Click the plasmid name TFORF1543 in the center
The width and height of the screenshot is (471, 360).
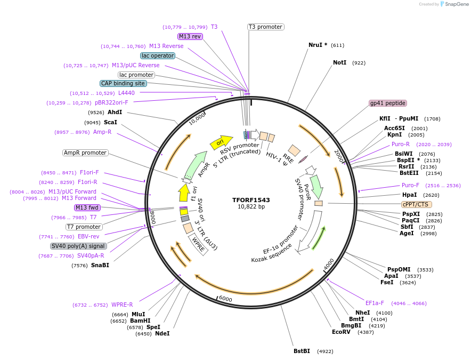251,200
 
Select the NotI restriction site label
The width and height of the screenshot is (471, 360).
340,62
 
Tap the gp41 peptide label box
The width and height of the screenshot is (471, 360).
388,103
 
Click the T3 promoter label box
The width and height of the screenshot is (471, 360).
265,27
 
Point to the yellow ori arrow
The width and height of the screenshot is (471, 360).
221,142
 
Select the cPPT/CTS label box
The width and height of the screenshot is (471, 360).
417,204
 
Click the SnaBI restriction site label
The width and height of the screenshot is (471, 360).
100,265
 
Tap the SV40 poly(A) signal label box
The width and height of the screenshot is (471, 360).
78,246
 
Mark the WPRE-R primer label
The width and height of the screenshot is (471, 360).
122,305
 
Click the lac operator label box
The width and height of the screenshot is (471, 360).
158,55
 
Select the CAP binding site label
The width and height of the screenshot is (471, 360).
123,83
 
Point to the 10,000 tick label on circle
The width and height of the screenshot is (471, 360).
197,118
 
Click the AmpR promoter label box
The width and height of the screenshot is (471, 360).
85,153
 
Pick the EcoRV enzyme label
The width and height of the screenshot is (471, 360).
341,332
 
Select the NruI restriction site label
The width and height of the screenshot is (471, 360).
318,45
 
